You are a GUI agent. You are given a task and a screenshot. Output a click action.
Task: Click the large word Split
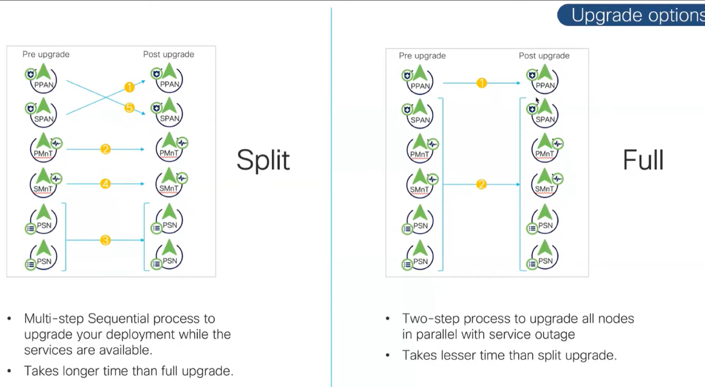pos(263,160)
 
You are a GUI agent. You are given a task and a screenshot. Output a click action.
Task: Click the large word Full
pos(643,160)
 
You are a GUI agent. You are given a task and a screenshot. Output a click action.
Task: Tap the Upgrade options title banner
pos(634,15)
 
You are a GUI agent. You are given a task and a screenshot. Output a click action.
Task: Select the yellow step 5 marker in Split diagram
pos(129,107)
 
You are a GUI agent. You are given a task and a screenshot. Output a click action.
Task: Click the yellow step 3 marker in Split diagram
pos(105,240)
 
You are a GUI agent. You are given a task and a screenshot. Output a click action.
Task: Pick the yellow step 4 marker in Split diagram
pos(105,184)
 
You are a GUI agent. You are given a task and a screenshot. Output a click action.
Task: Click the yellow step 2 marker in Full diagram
pos(481,184)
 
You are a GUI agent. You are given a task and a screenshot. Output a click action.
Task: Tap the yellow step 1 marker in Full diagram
pos(482,83)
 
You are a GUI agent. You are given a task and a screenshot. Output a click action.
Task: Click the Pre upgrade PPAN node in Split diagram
pos(43,79)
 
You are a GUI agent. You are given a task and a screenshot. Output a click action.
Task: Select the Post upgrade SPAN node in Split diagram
pos(169,113)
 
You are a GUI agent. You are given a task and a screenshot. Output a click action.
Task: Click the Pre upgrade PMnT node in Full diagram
pos(420,149)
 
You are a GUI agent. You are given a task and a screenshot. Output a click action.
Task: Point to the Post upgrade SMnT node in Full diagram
pos(545,184)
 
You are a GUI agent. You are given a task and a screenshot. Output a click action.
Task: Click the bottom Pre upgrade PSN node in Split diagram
pos(43,256)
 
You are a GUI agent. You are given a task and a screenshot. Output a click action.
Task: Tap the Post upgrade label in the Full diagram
pos(544,56)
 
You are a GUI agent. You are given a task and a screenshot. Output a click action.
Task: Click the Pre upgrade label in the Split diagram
pos(46,54)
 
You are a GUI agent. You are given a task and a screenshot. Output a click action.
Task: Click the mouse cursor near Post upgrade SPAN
pos(537,100)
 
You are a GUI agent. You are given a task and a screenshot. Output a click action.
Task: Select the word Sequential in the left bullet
pos(118,318)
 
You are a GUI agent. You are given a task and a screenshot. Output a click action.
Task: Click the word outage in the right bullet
pos(555,335)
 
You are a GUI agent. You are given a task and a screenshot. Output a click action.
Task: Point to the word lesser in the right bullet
pos(456,355)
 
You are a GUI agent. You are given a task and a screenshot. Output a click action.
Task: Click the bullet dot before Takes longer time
pos(9,371)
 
